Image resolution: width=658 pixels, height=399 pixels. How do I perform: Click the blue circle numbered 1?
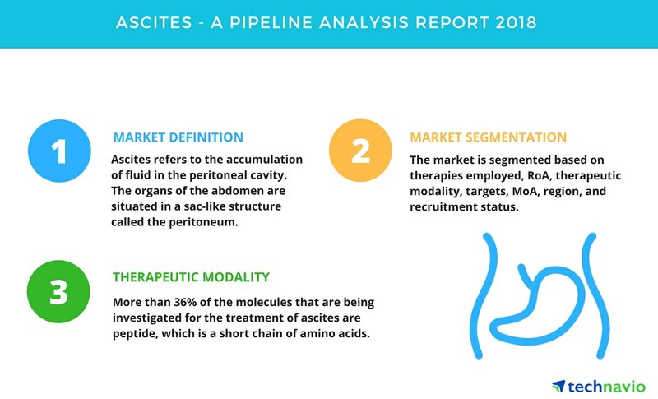click(59, 151)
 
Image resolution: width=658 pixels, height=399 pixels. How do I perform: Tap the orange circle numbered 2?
click(360, 151)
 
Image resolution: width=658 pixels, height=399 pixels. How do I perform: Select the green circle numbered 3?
click(58, 291)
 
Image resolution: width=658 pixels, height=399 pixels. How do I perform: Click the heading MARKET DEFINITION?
click(178, 137)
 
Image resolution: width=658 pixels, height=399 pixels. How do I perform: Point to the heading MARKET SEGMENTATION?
click(488, 137)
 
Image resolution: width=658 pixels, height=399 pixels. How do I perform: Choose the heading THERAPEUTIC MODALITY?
click(191, 277)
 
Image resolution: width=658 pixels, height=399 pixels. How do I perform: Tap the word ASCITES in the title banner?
click(154, 22)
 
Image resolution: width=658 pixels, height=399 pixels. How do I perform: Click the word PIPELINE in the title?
click(271, 22)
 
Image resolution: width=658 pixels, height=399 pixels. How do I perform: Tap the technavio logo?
click(599, 386)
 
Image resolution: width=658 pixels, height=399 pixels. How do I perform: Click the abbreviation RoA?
click(539, 175)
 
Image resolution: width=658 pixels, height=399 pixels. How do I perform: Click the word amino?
click(319, 334)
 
